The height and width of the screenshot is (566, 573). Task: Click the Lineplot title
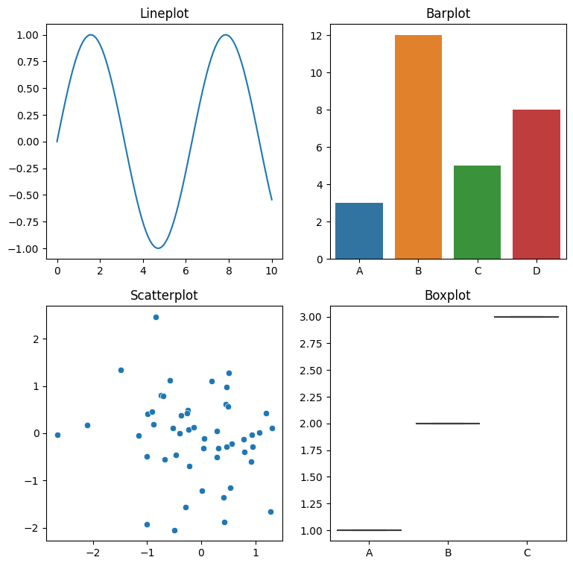164,13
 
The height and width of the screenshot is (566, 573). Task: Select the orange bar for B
418,147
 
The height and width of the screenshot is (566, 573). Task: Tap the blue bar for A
359,231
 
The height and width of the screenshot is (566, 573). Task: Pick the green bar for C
477,213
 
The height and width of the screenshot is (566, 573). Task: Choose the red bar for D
536,184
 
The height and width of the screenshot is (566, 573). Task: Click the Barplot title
448,13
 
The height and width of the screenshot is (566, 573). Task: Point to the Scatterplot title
164,295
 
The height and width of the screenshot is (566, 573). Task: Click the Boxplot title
448,295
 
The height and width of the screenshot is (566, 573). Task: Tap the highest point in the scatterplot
156,317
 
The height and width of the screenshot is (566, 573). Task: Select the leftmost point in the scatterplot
57,435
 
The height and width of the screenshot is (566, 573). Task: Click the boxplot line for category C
526,317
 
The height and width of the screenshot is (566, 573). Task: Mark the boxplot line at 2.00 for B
448,424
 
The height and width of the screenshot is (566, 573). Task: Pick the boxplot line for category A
369,530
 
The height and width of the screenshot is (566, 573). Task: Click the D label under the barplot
536,271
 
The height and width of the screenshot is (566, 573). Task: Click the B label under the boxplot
448,553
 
